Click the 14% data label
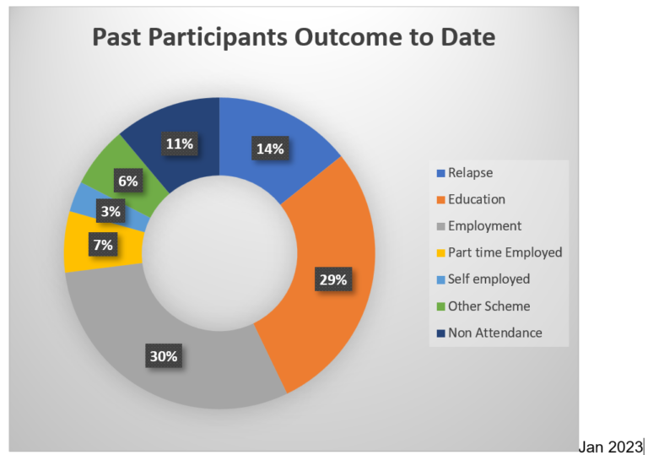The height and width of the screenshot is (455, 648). [270, 149]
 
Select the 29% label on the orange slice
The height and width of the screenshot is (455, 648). [333, 279]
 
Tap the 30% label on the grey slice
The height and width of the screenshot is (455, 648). [164, 355]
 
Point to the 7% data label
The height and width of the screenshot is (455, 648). [103, 245]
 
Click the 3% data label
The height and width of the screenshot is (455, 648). [111, 211]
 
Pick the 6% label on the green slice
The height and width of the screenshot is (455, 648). [128, 181]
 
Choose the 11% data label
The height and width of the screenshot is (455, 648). [180, 144]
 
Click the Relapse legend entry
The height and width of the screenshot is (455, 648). [465, 173]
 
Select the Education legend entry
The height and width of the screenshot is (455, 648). [471, 199]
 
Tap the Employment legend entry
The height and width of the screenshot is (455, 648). [479, 226]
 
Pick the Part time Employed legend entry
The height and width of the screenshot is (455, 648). [499, 252]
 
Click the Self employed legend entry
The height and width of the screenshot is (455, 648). [483, 279]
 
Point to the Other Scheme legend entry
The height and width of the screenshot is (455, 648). [483, 306]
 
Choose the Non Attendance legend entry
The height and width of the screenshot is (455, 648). [489, 333]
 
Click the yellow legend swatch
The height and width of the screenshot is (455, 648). [441, 252]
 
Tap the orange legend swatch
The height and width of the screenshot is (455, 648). [441, 200]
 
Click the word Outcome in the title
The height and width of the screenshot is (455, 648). [348, 37]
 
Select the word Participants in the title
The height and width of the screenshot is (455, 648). [218, 38]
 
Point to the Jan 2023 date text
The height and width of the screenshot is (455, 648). [610, 447]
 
